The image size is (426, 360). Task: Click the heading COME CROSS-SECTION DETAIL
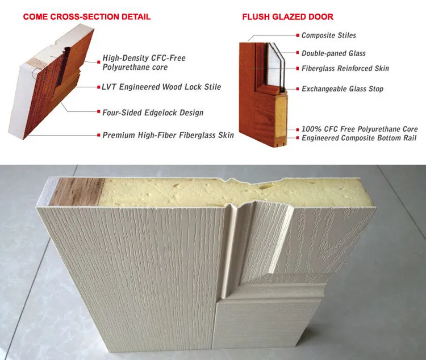click(87, 17)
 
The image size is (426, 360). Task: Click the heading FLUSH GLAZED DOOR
click(287, 17)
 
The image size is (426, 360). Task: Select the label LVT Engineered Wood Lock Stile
click(162, 87)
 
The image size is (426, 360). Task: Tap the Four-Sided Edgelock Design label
click(153, 112)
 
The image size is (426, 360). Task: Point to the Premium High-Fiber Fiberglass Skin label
click(168, 136)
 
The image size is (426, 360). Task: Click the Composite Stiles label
click(329, 36)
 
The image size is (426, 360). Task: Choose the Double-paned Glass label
click(333, 53)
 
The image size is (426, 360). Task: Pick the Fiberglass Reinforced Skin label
click(345, 68)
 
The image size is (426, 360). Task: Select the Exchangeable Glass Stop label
click(343, 89)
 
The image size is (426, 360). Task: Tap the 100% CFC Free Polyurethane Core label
click(360, 129)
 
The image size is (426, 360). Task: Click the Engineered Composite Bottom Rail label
click(359, 138)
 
